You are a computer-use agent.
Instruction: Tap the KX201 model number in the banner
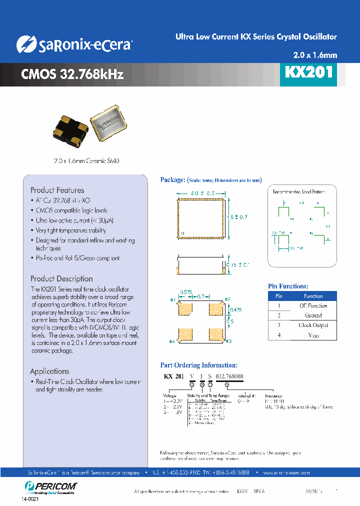tap(308, 72)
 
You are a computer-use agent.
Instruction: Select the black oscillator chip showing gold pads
tap(70, 127)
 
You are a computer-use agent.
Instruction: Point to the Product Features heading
tap(57, 190)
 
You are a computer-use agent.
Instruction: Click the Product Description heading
tap(61, 278)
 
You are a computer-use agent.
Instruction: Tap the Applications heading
tap(49, 371)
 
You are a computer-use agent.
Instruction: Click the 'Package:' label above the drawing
tap(172, 180)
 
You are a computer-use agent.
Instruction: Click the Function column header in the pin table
tap(313, 296)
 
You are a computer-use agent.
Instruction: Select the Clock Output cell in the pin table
tap(313, 325)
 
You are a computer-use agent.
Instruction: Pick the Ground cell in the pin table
tap(313, 315)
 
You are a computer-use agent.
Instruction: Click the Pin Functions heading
tap(288, 286)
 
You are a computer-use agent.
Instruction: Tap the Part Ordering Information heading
tap(198, 365)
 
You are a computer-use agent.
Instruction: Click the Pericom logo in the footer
tap(49, 486)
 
